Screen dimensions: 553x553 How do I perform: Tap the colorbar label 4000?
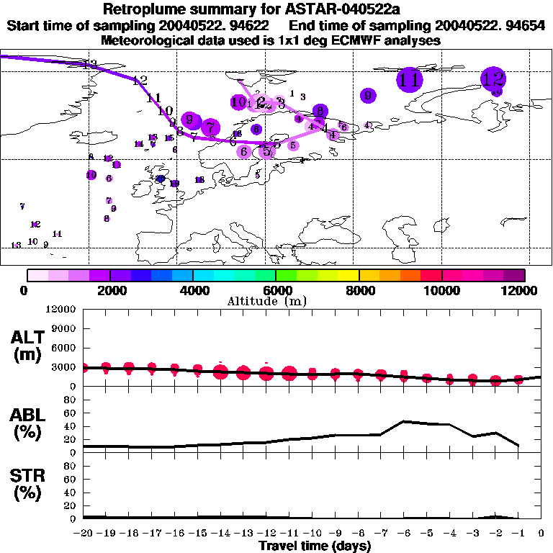pyautogui.click(x=193, y=290)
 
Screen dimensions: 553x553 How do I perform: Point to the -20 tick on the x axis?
pyautogui.click(x=84, y=534)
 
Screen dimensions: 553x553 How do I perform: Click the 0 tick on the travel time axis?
pyautogui.click(x=541, y=534)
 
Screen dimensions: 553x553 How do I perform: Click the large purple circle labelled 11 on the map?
pyautogui.click(x=410, y=79)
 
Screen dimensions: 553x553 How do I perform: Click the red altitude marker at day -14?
pyautogui.click(x=221, y=372)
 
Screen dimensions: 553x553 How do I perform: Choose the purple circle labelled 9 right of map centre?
pyautogui.click(x=368, y=94)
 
